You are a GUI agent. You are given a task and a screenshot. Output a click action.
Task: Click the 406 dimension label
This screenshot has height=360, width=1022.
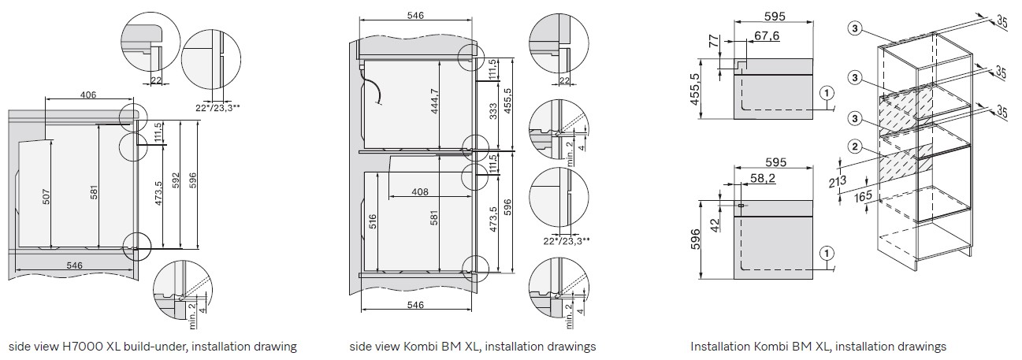[x=88, y=95]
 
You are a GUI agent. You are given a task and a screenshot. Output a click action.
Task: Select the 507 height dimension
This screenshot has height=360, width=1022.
[x=46, y=196]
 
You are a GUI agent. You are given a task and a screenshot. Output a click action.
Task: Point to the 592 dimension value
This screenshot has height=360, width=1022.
[x=177, y=180]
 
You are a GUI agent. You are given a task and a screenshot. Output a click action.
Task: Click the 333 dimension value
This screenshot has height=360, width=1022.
[x=492, y=111]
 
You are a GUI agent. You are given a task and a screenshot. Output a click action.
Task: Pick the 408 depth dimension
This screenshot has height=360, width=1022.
[x=420, y=191]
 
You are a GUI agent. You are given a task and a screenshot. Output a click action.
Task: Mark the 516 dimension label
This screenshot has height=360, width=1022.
[x=373, y=221]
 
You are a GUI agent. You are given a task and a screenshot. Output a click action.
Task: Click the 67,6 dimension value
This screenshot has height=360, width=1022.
[x=767, y=35]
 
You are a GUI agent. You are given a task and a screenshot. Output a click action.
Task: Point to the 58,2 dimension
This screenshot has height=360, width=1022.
[x=763, y=178]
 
